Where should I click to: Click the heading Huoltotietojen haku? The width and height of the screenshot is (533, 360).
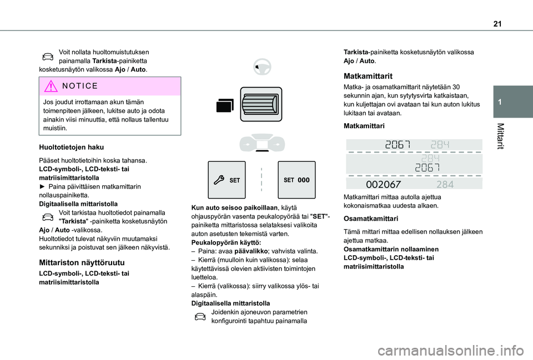(71, 147)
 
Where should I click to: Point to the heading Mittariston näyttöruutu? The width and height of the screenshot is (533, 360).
(82, 262)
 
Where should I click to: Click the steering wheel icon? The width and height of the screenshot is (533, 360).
(260, 68)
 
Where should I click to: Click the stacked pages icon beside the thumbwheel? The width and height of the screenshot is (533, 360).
(225, 105)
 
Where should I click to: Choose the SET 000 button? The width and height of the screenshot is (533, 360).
(295, 180)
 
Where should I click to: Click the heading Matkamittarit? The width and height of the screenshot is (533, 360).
(368, 75)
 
